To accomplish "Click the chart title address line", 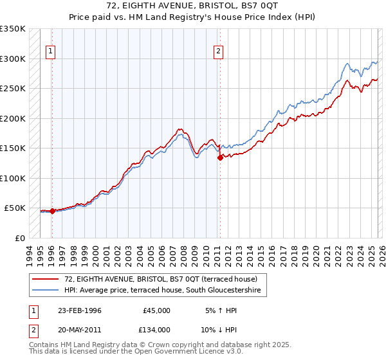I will (193, 4).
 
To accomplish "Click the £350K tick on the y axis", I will (13, 29).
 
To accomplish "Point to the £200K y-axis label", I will (13, 118).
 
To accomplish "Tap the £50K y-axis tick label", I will (15, 208).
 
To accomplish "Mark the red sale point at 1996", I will (52, 211).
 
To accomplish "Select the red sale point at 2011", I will (220, 157).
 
